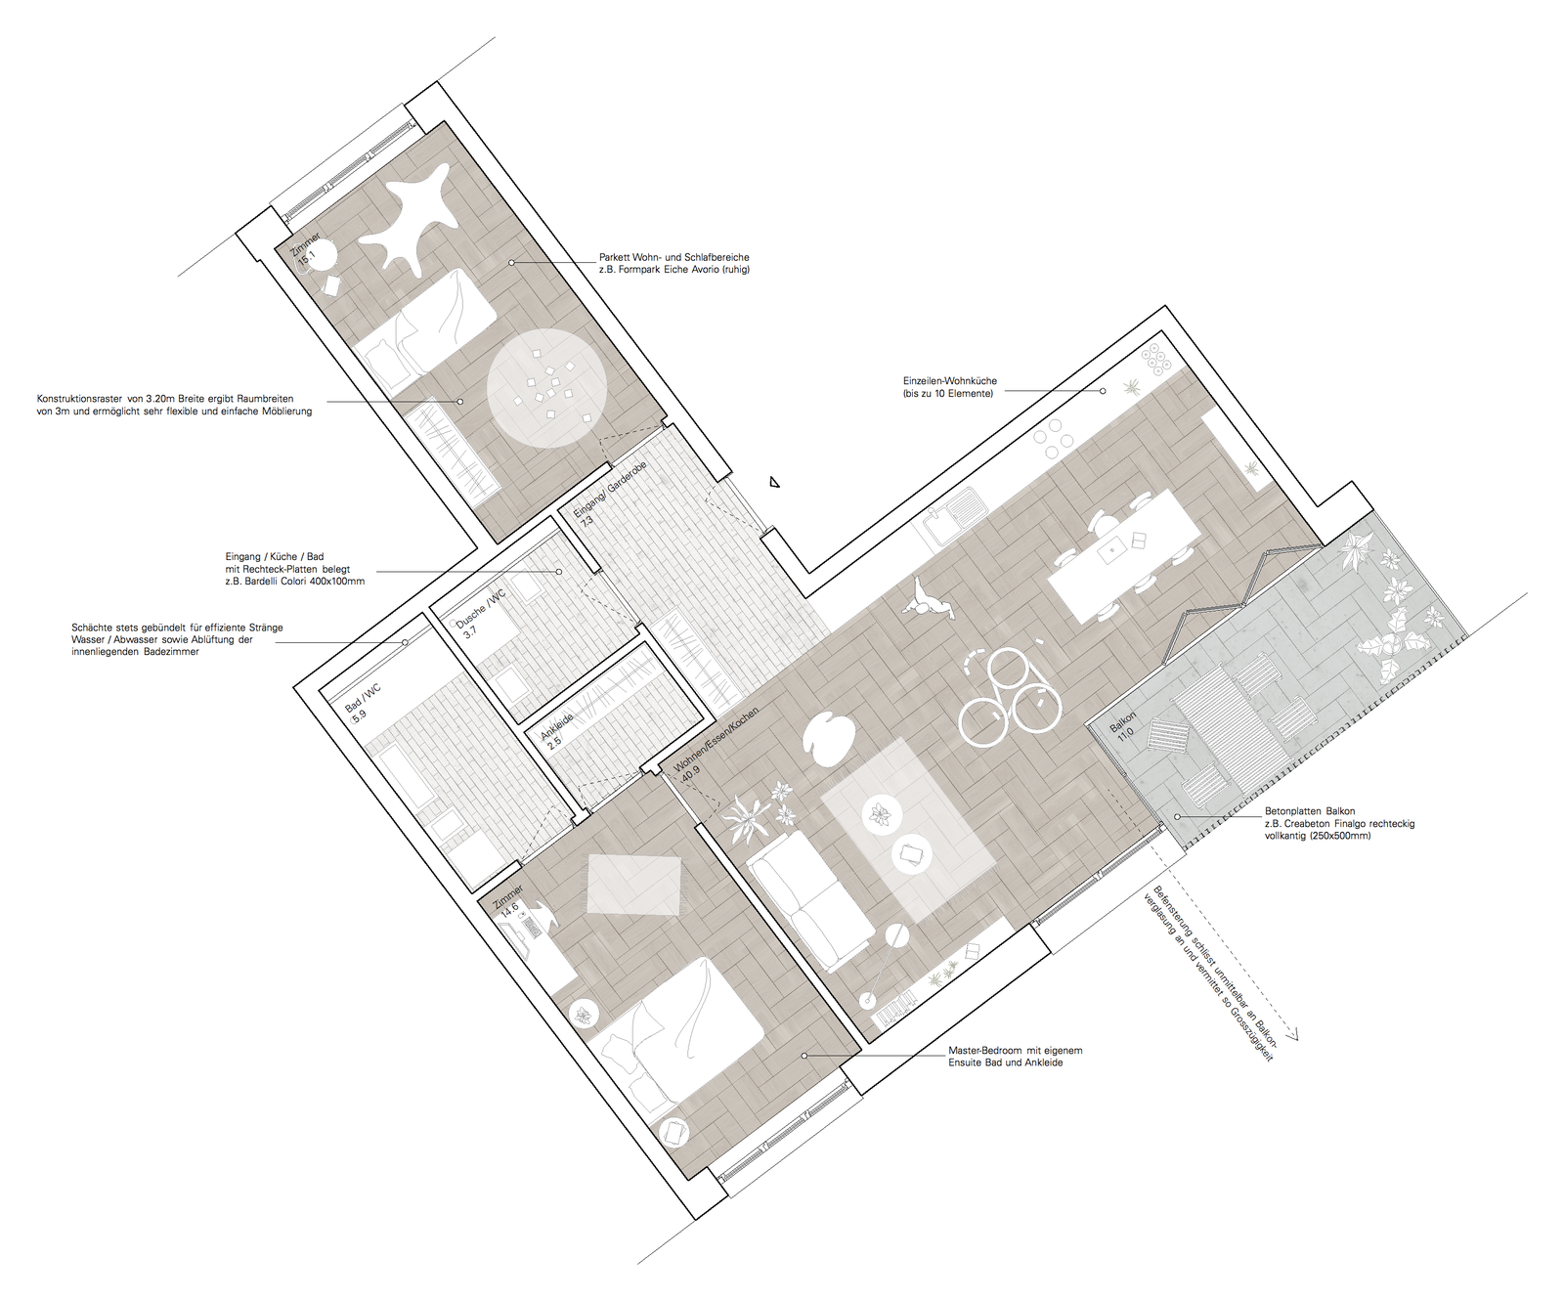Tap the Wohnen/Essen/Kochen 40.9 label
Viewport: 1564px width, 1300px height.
[x=709, y=742]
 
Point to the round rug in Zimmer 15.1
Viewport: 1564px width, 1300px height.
[x=548, y=388]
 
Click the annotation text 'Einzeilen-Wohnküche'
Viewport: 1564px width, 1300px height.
[x=949, y=381]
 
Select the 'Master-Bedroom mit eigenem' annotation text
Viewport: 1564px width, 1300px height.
[x=1016, y=1051]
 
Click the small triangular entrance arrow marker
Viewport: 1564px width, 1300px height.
[x=774, y=481]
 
